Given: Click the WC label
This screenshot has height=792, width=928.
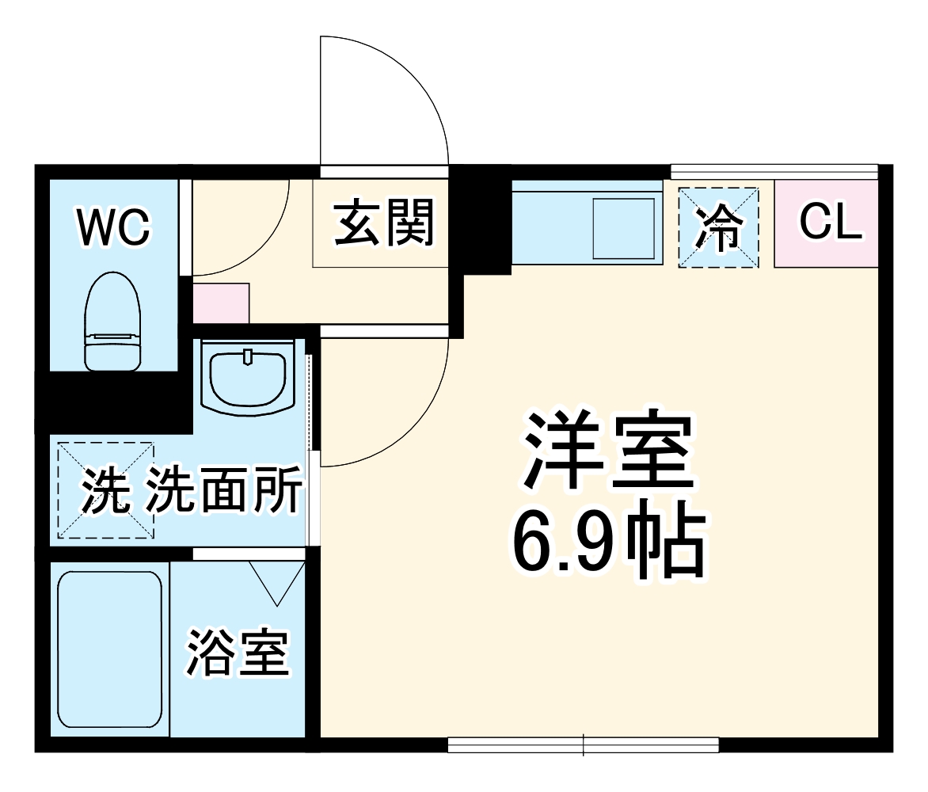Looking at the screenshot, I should pyautogui.click(x=113, y=227).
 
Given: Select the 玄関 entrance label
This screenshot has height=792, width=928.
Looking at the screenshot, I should pyautogui.click(x=384, y=223).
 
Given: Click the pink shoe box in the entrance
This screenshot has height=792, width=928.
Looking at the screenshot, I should pyautogui.click(x=221, y=303).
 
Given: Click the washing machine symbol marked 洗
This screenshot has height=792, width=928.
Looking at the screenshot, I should pyautogui.click(x=105, y=492).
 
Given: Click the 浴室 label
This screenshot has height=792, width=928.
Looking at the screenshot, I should pyautogui.click(x=237, y=651).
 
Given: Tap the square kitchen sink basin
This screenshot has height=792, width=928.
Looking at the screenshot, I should pyautogui.click(x=625, y=227).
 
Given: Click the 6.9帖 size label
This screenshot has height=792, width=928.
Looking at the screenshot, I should pyautogui.click(x=607, y=545).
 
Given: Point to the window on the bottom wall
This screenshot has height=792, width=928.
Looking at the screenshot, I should pyautogui.click(x=583, y=744).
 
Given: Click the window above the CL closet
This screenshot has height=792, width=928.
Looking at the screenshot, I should pyautogui.click(x=774, y=170).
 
